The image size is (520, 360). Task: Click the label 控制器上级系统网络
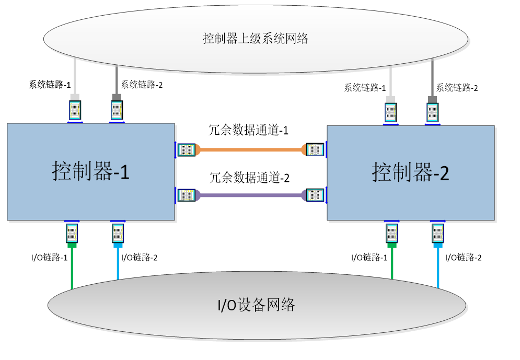[256, 39]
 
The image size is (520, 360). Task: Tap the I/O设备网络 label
[256, 304]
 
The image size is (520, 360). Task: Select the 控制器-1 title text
[90, 171]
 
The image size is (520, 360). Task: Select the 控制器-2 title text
[411, 172]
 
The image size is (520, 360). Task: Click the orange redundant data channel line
[250, 150]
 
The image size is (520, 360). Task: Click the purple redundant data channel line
[250, 195]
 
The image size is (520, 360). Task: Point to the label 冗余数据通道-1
[248, 130]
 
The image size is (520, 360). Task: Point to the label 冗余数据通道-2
[249, 178]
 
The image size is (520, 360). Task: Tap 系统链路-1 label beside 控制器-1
[50, 85]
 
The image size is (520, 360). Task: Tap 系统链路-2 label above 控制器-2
[457, 88]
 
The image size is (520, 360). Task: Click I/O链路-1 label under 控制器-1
[50, 257]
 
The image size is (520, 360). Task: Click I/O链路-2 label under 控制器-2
[463, 257]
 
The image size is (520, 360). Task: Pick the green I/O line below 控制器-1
[72, 266]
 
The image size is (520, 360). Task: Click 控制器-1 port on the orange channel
[187, 150]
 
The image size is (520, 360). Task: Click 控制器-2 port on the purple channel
[315, 195]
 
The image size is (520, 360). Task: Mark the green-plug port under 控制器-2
[391, 233]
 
